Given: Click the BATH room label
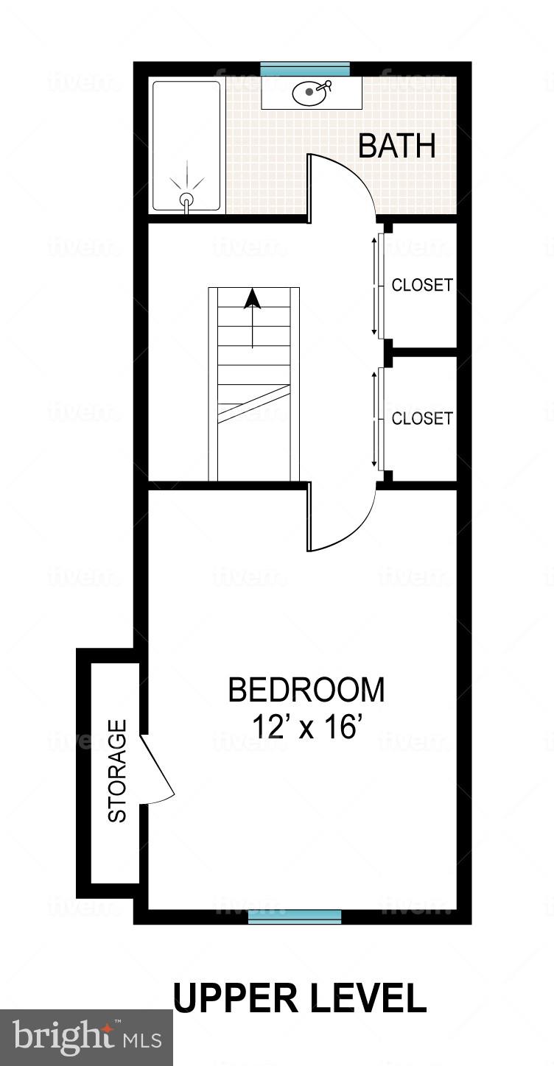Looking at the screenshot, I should pos(396,146).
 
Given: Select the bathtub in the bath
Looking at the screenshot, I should pos(186,146).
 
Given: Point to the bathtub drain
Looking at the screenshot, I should pos(186,199).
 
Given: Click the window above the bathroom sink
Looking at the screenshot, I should pos(304,68).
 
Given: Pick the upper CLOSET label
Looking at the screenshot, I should pos(421,285).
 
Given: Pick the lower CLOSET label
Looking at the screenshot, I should pos(421,418).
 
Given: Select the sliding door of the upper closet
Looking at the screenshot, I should pos(379,284).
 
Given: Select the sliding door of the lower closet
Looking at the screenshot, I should pos(379,418).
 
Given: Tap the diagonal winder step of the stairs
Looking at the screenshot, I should pos(253,404).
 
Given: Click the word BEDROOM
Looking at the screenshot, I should pos(306,691).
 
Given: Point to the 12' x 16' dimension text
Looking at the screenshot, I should pos(305,727).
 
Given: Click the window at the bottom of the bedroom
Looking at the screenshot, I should pos(295,917).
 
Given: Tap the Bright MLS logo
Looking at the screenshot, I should pos(86,1037).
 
